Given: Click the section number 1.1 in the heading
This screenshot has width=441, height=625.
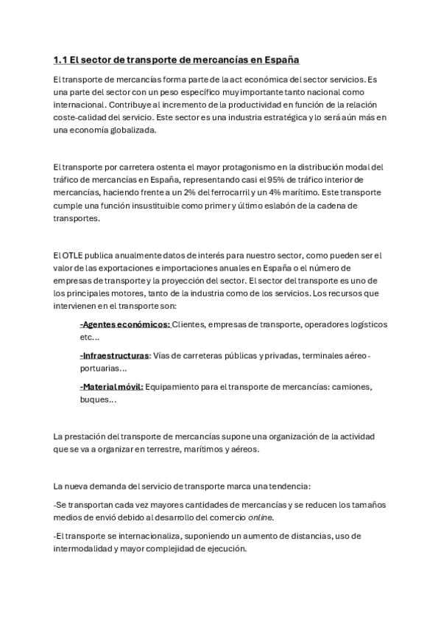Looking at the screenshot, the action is [61, 59].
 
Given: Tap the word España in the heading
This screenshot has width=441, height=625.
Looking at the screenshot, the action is [281, 59].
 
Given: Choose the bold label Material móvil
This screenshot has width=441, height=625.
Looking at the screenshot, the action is [111, 387].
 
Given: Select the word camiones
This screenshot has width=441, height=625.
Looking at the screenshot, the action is [348, 387].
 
